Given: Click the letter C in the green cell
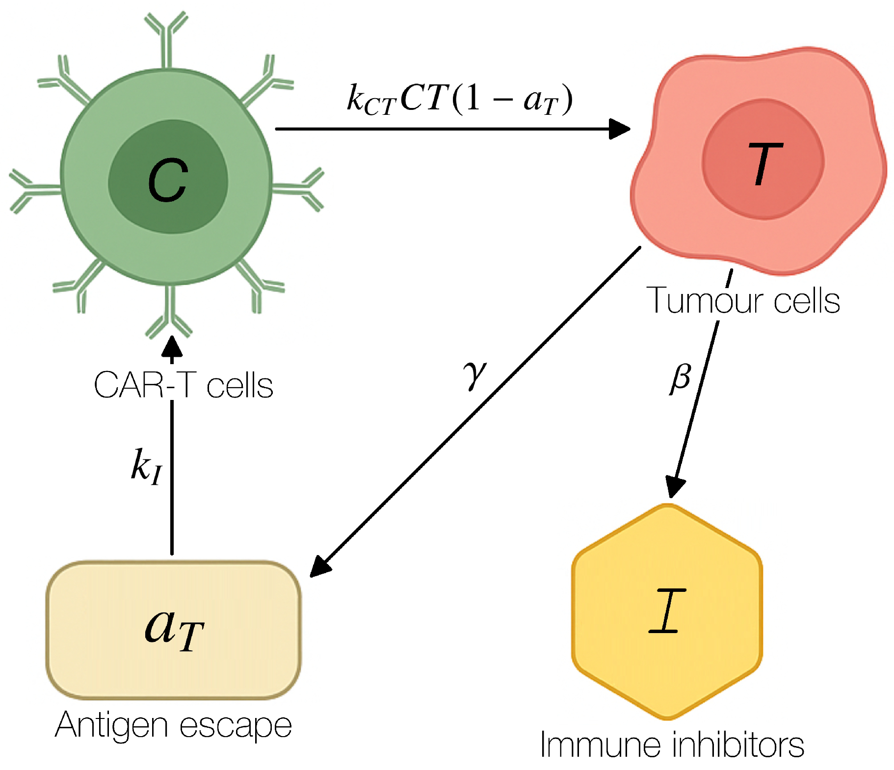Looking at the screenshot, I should (168, 180).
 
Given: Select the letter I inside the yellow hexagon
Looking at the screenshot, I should (667, 611).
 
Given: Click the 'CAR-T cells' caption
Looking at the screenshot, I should (183, 385).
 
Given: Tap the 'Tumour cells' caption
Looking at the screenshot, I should (743, 300).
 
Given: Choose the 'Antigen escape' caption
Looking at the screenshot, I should (173, 725).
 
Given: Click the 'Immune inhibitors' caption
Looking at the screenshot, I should (672, 745).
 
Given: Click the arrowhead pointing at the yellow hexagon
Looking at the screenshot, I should (675, 487).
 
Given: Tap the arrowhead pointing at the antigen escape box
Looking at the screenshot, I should (320, 566).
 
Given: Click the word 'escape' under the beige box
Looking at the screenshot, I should (236, 726).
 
